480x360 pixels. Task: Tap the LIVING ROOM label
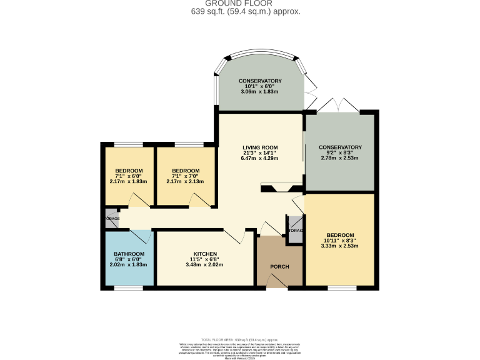(260, 147)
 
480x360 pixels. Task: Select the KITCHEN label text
(205, 254)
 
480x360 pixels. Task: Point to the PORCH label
(279, 267)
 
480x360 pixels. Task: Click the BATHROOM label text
(129, 254)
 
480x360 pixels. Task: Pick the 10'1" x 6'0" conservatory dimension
(260, 86)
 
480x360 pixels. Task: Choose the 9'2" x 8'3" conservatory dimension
(340, 152)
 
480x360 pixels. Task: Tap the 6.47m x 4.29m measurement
(260, 158)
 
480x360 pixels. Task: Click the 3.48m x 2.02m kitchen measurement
(205, 264)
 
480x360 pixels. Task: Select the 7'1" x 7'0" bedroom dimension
(186, 176)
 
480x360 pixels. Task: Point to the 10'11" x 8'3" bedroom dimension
(339, 241)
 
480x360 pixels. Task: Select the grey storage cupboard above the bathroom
(112, 219)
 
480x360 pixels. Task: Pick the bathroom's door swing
(141, 236)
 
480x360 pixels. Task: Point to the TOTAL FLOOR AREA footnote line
(240, 338)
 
